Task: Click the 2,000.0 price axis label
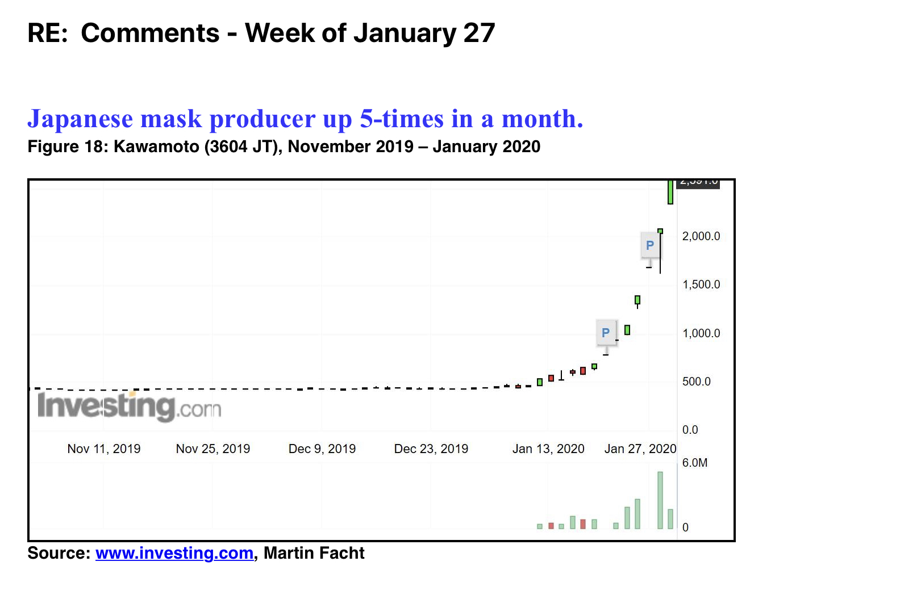pos(701,236)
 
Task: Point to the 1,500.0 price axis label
pos(701,284)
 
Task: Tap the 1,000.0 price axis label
pos(701,333)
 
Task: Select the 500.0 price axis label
pos(696,382)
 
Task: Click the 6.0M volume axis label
pos(694,463)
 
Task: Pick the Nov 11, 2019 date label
pos(104,449)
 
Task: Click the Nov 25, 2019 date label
pos(213,449)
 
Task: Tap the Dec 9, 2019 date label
pos(322,449)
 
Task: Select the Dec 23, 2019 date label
pos(431,449)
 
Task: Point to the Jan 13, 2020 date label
pos(548,449)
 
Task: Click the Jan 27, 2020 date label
pos(640,449)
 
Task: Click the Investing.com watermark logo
pos(129,407)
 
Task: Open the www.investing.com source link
pos(174,554)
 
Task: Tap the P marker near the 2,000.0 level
pos(650,245)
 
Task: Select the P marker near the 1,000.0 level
pos(606,333)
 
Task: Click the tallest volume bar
pos(660,500)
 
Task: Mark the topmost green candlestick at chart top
pos(670,192)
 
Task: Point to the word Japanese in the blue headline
pos(80,119)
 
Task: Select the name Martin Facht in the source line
pos(314,554)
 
